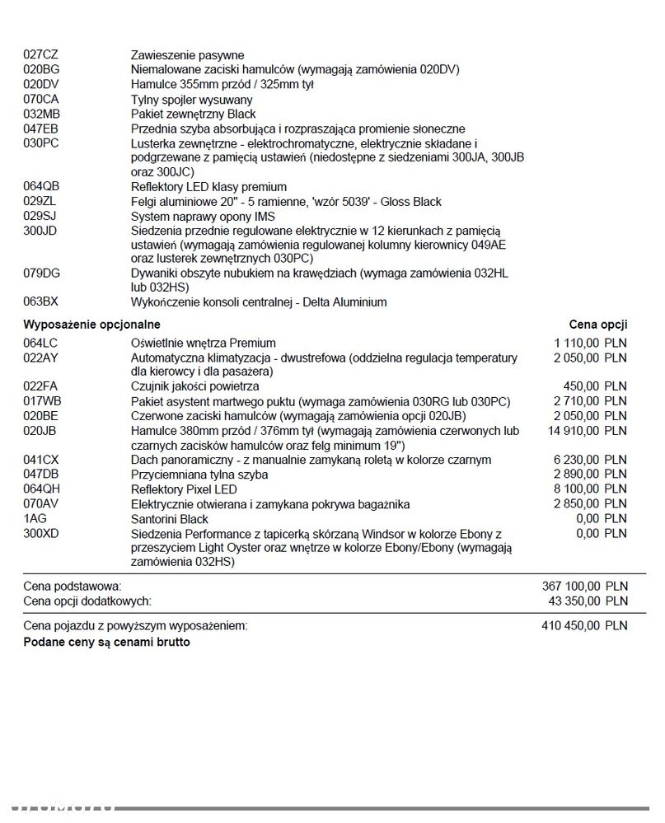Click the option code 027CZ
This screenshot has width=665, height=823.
click(41, 55)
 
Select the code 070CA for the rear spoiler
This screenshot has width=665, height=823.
click(41, 100)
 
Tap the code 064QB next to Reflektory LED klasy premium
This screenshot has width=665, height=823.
click(42, 187)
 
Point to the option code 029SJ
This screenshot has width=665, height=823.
click(40, 217)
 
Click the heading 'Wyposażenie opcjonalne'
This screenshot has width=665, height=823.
click(91, 325)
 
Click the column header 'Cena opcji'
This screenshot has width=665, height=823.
click(597, 325)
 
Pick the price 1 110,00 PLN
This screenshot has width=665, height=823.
click(590, 343)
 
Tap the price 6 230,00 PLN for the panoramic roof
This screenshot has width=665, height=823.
click(590, 460)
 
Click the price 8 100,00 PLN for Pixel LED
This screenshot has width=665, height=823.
click(590, 489)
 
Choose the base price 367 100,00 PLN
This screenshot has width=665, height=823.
click(584, 586)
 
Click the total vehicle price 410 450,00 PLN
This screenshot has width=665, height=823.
click(584, 625)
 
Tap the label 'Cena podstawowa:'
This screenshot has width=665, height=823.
click(72, 586)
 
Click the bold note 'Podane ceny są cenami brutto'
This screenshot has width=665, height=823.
click(106, 641)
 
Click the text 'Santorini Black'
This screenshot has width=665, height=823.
click(170, 519)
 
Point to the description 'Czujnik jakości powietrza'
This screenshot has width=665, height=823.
click(195, 386)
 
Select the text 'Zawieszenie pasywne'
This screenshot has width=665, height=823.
click(187, 55)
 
